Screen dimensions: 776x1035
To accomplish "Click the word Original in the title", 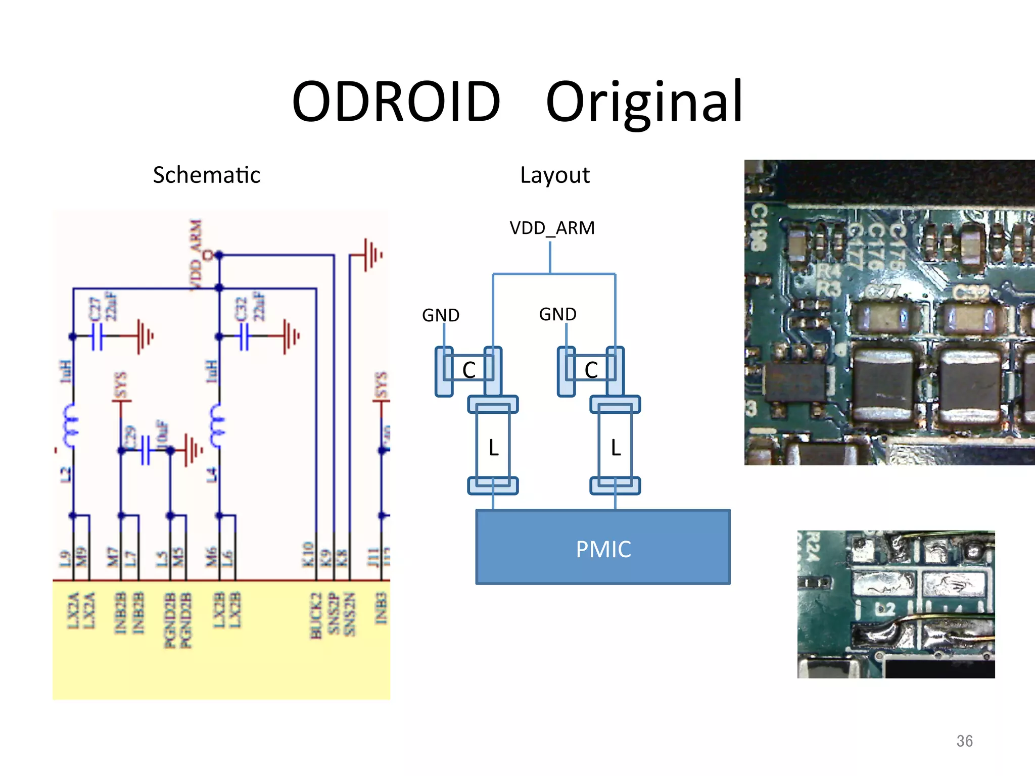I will point(644,103).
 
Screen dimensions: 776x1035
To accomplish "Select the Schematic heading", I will point(206,175).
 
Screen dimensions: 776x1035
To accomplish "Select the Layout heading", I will point(554,176).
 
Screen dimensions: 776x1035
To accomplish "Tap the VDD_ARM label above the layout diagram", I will point(552,228).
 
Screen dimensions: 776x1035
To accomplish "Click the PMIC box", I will point(603,548).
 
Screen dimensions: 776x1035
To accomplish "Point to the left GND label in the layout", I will point(440,315).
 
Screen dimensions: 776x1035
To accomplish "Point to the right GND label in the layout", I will point(557,314).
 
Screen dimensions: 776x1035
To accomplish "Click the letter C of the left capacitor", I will point(469,370).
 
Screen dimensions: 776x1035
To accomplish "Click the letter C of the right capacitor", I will point(591,370).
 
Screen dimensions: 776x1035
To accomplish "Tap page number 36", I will point(964,741).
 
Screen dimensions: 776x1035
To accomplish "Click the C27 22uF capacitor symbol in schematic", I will point(97,336).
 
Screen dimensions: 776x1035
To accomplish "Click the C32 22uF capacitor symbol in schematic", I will point(244,336).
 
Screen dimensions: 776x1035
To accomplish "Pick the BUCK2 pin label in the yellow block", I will point(316,615).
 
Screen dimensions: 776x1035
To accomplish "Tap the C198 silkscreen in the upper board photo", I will point(758,227).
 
